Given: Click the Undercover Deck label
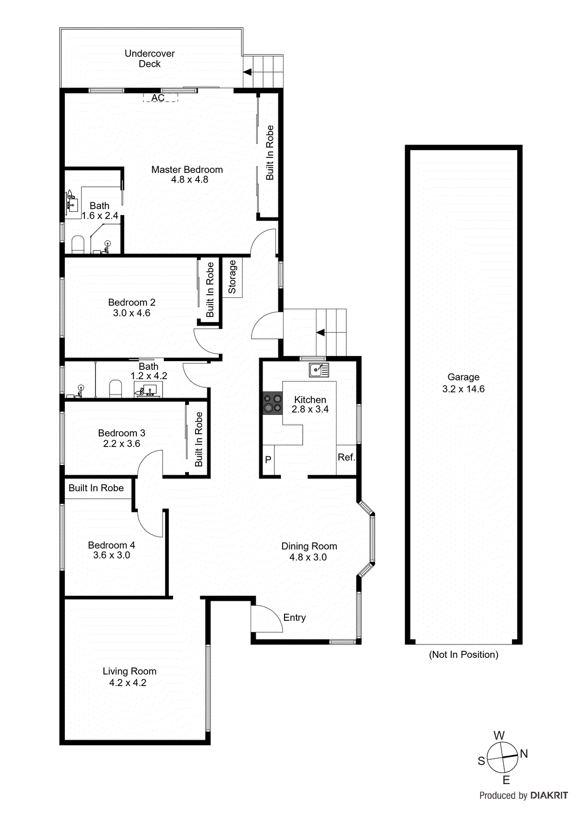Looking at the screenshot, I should [149, 59].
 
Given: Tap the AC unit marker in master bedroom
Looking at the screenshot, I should [158, 98].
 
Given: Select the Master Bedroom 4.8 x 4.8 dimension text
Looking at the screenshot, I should [189, 180].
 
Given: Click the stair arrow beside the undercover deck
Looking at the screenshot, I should [248, 73].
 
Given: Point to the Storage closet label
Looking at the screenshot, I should [232, 277].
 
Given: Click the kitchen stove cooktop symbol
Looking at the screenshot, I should [273, 403].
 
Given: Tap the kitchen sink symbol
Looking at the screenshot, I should [319, 370].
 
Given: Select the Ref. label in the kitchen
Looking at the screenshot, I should [346, 457].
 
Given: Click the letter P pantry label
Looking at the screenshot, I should [268, 460].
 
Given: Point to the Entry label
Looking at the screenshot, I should [294, 617].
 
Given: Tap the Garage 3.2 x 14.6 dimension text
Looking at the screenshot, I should [463, 389].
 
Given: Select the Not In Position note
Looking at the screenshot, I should [463, 654].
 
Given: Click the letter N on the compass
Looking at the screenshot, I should [524, 754].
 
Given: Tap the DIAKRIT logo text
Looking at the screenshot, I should [549, 795].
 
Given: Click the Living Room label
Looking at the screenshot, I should [129, 671].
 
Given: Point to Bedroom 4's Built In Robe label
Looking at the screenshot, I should [96, 488].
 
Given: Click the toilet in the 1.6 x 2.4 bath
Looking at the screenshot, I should [78, 244].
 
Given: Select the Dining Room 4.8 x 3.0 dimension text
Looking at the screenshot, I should [308, 557].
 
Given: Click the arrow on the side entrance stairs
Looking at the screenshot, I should [321, 333].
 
